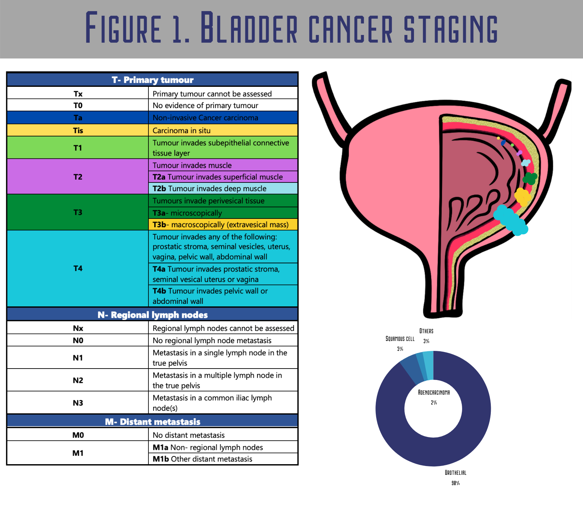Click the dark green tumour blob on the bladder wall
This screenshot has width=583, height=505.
[530, 178]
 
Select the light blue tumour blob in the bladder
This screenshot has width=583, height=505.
[526, 163]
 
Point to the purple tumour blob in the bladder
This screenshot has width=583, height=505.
[519, 153]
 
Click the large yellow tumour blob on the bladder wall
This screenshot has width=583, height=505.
[522, 196]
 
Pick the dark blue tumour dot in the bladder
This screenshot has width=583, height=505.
[503, 143]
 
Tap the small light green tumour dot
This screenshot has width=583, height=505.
[512, 145]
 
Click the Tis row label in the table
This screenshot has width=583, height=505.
[78, 131]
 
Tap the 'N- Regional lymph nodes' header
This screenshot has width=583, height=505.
[152, 314]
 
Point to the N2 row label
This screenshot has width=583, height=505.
[78, 380]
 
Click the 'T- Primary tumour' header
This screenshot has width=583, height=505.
[152, 80]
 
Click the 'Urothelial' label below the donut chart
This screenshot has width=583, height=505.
[456, 473]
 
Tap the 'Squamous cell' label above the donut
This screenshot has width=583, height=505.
[400, 339]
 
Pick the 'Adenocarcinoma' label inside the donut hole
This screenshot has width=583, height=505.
[434, 392]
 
